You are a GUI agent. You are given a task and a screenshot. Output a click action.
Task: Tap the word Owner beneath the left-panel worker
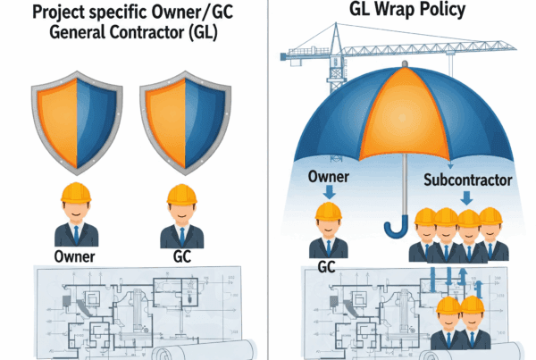click(74, 257)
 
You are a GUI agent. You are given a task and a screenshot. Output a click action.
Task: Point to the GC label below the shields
click(181, 257)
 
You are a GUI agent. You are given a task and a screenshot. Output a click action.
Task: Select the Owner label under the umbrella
click(329, 173)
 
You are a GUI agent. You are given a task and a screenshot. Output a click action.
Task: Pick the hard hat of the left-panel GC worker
click(181, 193)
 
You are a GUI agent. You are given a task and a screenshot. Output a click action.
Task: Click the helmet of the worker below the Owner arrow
click(329, 212)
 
